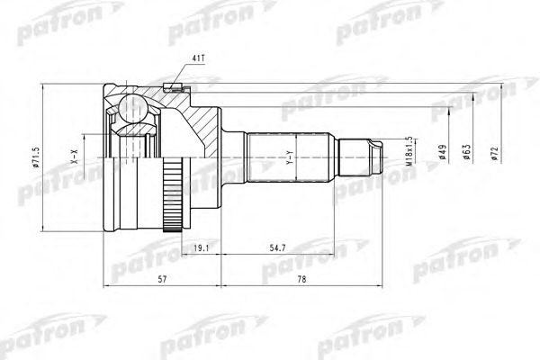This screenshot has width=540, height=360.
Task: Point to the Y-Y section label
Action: [x=290, y=160]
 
